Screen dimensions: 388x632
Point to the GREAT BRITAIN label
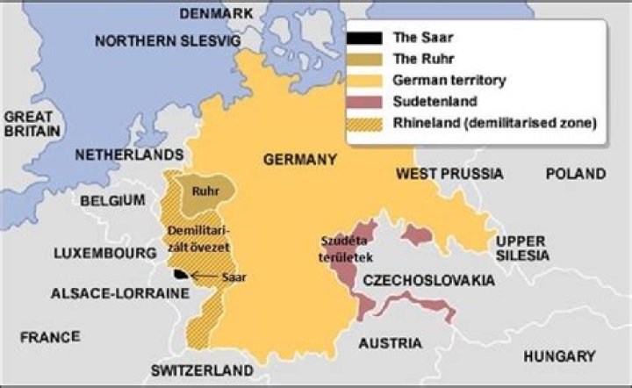click(x=32, y=123)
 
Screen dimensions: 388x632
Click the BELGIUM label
click(x=112, y=201)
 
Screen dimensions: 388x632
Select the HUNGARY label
click(x=558, y=356)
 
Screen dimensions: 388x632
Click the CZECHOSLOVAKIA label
click(x=428, y=280)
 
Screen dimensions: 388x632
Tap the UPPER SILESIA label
click(x=521, y=248)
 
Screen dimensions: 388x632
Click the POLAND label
click(x=575, y=174)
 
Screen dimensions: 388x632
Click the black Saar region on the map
click(x=180, y=274)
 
